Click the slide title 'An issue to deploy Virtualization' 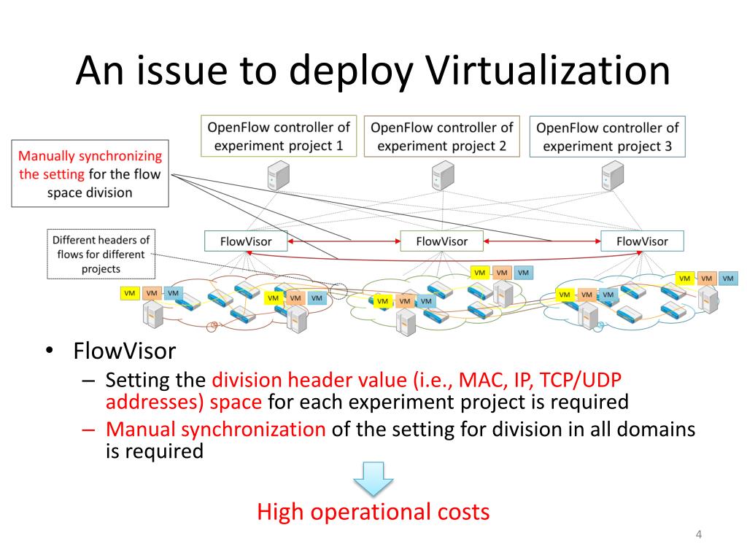[x=373, y=71]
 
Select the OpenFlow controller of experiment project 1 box [x=279, y=136]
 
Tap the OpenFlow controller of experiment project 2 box [x=441, y=136]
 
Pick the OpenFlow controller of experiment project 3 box [x=607, y=136]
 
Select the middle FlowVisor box [x=441, y=241]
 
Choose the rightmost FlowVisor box [x=642, y=241]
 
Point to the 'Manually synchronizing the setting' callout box [x=90, y=174]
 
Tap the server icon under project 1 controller [x=278, y=175]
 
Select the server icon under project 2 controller [x=442, y=175]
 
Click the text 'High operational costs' [x=373, y=512]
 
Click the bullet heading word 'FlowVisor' [x=125, y=351]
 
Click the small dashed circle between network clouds [x=338, y=291]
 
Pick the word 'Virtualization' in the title [x=547, y=71]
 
